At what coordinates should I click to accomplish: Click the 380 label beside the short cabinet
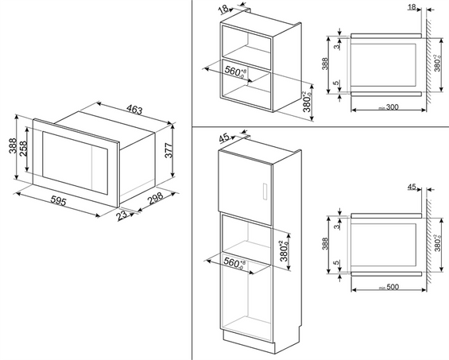[x=307, y=103]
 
